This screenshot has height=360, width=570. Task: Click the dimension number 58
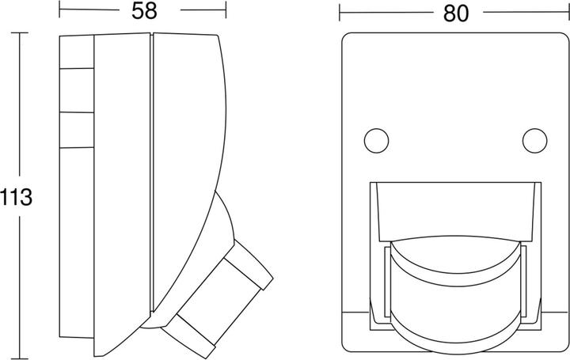pyautogui.click(x=144, y=11)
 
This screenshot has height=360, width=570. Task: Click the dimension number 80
pyautogui.click(x=456, y=13)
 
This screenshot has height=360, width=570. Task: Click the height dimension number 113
pyautogui.click(x=16, y=198)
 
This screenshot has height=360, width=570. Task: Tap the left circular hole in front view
pyautogui.click(x=376, y=141)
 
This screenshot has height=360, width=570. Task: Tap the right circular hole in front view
pyautogui.click(x=534, y=141)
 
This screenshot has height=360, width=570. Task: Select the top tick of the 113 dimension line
pyautogui.click(x=19, y=32)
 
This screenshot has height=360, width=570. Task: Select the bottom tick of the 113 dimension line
pyautogui.click(x=19, y=358)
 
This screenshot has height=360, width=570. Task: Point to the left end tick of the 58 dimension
pyautogui.click(x=59, y=9)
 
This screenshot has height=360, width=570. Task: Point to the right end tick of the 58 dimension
pyautogui.click(x=226, y=9)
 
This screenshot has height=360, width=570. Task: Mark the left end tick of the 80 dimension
pyautogui.click(x=340, y=13)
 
